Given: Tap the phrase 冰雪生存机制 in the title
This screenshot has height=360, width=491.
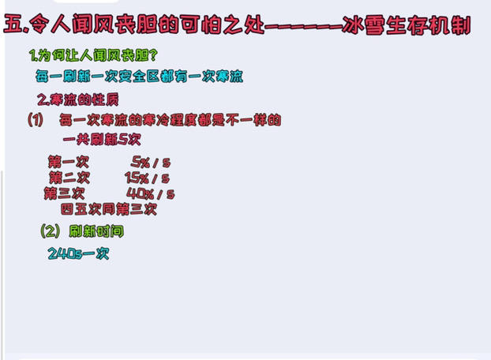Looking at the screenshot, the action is click(x=407, y=25).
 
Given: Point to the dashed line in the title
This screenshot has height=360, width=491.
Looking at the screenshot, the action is click(x=303, y=26).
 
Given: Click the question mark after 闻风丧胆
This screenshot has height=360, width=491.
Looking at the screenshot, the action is click(x=153, y=55).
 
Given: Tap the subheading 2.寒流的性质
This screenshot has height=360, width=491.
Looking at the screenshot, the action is click(x=78, y=99).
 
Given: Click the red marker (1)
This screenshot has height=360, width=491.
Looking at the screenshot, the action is click(x=36, y=120).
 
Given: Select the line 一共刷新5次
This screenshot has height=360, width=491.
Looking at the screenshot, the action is click(x=102, y=140).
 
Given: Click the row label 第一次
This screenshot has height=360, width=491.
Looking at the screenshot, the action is click(x=69, y=162).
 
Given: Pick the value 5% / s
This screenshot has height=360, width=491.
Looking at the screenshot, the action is click(x=151, y=162).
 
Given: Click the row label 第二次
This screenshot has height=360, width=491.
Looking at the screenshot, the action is click(x=69, y=178).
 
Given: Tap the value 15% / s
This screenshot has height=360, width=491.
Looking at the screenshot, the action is click(x=147, y=178).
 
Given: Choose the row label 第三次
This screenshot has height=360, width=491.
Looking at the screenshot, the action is click(x=65, y=193).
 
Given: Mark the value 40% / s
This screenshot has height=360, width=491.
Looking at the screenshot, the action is click(x=150, y=193).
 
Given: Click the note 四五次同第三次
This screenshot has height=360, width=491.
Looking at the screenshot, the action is click(x=109, y=209).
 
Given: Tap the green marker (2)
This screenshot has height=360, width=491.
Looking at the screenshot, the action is click(x=50, y=231).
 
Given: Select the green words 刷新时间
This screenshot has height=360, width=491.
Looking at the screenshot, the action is click(x=96, y=231).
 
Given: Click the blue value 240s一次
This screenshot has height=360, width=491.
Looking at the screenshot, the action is click(x=78, y=253).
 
